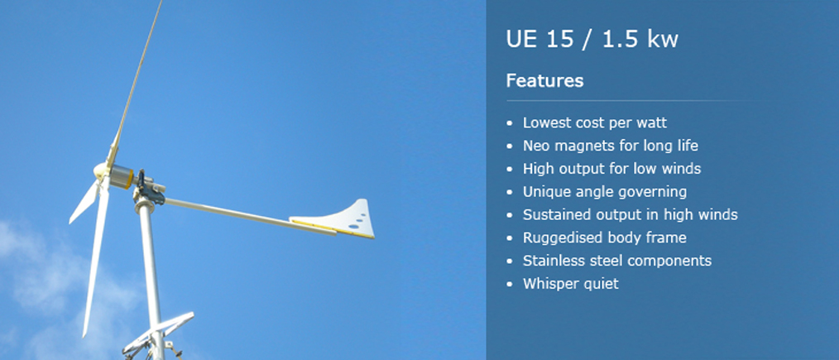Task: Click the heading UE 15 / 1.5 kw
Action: [592, 40]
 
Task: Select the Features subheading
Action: [544, 81]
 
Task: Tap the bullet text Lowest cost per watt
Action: [594, 122]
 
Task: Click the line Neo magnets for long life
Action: [611, 146]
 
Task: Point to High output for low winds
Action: [611, 169]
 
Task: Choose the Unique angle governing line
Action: [605, 191]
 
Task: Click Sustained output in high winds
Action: [630, 214]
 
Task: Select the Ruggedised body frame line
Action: [605, 238]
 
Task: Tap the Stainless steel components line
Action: [617, 261]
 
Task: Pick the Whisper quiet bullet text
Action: [570, 284]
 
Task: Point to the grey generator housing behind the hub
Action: [122, 176]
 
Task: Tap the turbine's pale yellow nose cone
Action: [101, 170]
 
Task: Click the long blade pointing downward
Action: [95, 257]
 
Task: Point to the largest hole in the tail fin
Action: [353, 227]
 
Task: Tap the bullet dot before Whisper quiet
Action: [509, 284]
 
